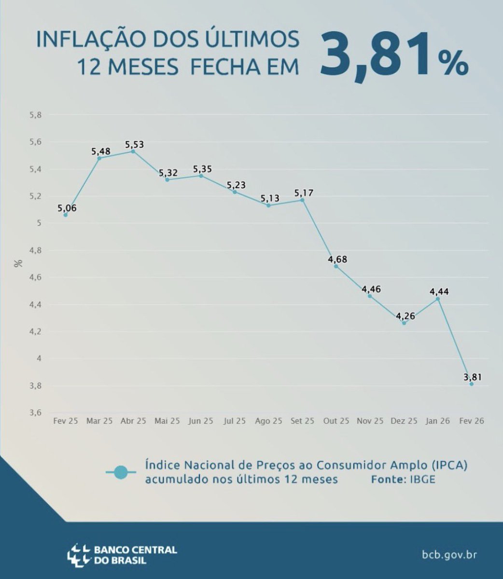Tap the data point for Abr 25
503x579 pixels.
133,151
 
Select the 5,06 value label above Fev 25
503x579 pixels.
67,208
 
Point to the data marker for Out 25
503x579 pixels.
336,266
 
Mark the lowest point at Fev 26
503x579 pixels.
471,384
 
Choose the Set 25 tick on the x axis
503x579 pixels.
302,421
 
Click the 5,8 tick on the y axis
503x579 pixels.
36,115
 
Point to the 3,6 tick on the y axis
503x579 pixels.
36,413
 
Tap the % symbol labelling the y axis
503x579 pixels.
18,263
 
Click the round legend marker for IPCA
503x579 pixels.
121,472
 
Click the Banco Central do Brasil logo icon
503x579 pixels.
79,554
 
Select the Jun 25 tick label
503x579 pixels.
201,421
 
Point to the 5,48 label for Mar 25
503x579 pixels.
101,151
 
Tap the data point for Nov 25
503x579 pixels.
370,296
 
